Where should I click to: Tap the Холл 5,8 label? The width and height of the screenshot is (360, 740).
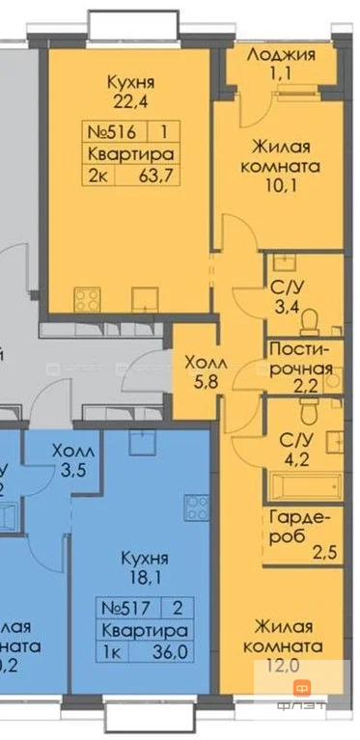click(197, 368)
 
